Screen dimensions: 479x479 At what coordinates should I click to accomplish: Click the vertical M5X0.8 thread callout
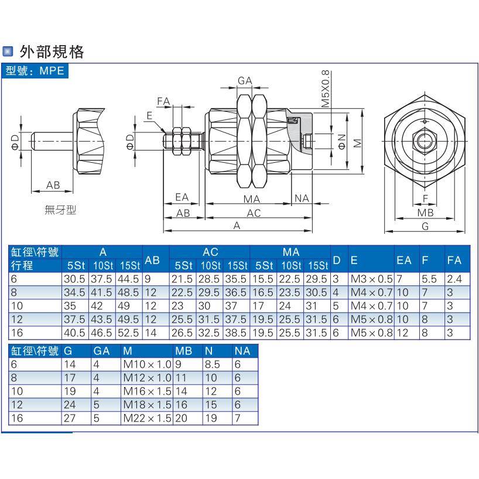point(326,88)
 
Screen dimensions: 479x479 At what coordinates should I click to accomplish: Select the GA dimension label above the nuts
point(245,81)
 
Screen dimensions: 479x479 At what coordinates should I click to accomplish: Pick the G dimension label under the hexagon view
point(426,226)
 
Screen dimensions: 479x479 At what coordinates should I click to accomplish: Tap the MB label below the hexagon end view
point(426,213)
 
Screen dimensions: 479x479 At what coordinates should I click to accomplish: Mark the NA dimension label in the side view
point(302,199)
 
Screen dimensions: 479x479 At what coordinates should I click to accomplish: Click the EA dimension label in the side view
point(182,198)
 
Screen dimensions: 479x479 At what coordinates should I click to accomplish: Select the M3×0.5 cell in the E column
point(371,279)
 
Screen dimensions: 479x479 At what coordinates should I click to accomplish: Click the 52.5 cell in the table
point(129,332)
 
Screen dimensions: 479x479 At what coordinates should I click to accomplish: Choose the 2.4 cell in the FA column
point(454,279)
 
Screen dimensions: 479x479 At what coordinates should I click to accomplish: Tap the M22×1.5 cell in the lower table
point(147,419)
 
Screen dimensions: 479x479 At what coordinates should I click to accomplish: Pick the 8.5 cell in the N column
point(212,365)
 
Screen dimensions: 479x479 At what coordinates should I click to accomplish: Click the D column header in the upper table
point(337,259)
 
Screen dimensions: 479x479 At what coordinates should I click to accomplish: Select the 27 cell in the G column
point(69,419)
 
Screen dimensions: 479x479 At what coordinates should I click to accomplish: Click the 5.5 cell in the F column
point(429,279)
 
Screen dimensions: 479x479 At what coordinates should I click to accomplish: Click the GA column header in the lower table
point(102,351)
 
